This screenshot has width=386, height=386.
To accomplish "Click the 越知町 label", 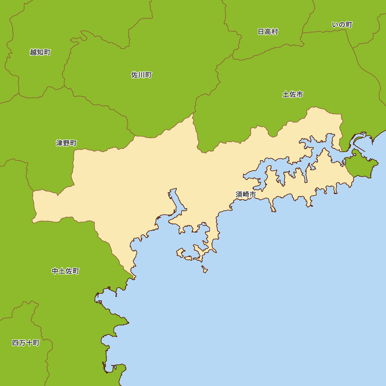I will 40,52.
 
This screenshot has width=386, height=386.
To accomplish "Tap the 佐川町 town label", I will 141,75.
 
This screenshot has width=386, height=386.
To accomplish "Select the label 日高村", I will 268,32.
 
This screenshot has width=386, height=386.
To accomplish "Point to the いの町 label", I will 342,25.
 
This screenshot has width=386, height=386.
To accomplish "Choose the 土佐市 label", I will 293,94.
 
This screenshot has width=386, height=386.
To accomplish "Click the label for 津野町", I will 66,143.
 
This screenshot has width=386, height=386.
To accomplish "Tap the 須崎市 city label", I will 246,195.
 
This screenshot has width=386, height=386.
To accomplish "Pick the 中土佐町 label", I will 65,271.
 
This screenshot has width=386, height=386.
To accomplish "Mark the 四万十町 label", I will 26,343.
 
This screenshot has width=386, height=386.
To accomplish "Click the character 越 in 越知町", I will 33,52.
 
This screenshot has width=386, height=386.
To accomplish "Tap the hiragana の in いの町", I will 342,25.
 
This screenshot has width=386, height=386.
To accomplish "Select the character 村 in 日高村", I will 274,32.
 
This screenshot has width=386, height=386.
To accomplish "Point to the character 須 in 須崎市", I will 239,195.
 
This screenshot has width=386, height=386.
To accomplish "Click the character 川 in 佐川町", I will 141,75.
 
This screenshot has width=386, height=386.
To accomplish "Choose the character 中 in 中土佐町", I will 55,271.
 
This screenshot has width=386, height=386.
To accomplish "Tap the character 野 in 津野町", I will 66,143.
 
